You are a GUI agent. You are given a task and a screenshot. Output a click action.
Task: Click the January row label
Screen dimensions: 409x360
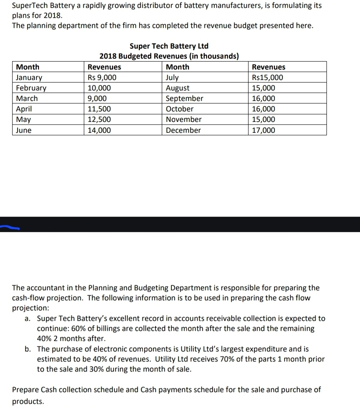pos(29,78)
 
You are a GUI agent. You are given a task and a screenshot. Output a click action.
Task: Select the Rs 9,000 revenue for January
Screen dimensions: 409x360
pos(102,78)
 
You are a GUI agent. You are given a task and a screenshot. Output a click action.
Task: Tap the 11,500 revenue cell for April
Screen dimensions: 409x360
pos(99,109)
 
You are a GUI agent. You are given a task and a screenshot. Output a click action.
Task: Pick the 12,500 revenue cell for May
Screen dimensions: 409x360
pos(99,119)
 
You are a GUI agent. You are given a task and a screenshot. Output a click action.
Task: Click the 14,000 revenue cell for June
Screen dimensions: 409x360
pos(99,130)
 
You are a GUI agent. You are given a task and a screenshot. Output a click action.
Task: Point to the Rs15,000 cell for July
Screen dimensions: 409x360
pos(267,78)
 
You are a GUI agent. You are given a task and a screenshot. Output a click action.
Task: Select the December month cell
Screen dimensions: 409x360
pos(183,130)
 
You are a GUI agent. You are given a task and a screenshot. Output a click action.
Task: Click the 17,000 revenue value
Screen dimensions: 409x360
pos(264,130)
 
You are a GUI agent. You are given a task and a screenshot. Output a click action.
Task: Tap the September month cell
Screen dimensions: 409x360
pos(184,98)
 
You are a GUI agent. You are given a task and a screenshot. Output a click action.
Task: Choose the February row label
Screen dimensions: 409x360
pos(31,88)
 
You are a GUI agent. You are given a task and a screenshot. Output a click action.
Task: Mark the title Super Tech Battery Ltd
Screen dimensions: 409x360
pos(169,46)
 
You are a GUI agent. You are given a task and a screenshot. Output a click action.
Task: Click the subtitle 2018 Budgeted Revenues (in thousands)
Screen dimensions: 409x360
pos(169,56)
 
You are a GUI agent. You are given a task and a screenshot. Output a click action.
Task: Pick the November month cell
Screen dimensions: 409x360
pos(184,119)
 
